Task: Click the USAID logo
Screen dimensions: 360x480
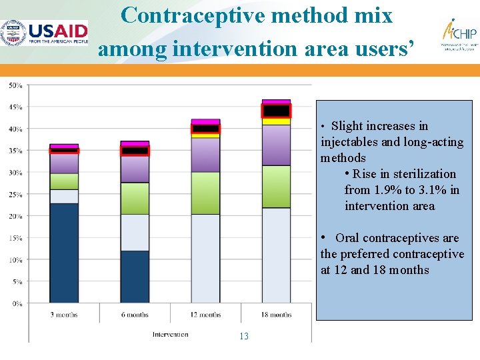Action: pos(45,32)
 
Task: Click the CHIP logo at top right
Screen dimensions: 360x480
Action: pos(459,34)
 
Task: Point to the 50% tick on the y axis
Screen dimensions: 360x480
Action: pos(15,85)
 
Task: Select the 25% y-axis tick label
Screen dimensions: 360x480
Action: pos(15,194)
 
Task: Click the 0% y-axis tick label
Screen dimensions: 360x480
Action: pos(17,303)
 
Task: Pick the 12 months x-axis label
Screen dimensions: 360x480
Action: pos(205,314)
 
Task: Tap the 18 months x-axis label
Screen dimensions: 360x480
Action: pos(276,314)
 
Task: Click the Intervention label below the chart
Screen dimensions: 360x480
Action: pos(170,334)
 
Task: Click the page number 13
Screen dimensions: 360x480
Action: pos(243,336)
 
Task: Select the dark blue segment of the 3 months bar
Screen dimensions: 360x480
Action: pos(64,253)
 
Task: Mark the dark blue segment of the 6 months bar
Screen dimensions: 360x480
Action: pos(135,277)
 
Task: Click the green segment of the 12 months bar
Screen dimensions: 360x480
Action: pos(205,193)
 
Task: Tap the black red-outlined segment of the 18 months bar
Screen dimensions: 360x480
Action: pos(276,111)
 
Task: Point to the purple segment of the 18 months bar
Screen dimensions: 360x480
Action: pos(276,145)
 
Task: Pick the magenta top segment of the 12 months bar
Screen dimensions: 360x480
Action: pos(205,122)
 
